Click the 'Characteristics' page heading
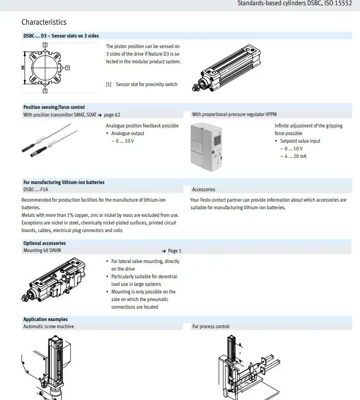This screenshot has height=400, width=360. (44, 22)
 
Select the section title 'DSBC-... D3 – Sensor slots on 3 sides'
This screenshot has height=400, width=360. (61, 36)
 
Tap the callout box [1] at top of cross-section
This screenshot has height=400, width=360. (45, 45)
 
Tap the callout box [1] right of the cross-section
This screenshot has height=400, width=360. (68, 68)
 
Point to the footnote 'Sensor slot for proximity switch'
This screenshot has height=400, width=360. (146, 85)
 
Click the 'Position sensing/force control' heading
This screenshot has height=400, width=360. (54, 107)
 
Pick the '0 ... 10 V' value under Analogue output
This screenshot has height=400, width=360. (125, 141)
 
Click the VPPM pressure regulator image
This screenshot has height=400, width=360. (206, 147)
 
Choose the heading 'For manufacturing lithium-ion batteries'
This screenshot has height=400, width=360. (64, 182)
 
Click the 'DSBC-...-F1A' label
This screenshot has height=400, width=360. (36, 189)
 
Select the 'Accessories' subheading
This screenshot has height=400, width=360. (204, 189)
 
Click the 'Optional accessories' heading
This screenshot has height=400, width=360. (44, 243)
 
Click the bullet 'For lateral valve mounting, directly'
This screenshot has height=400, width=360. (145, 261)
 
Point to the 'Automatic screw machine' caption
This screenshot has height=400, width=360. (49, 326)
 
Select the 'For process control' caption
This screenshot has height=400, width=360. (211, 326)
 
